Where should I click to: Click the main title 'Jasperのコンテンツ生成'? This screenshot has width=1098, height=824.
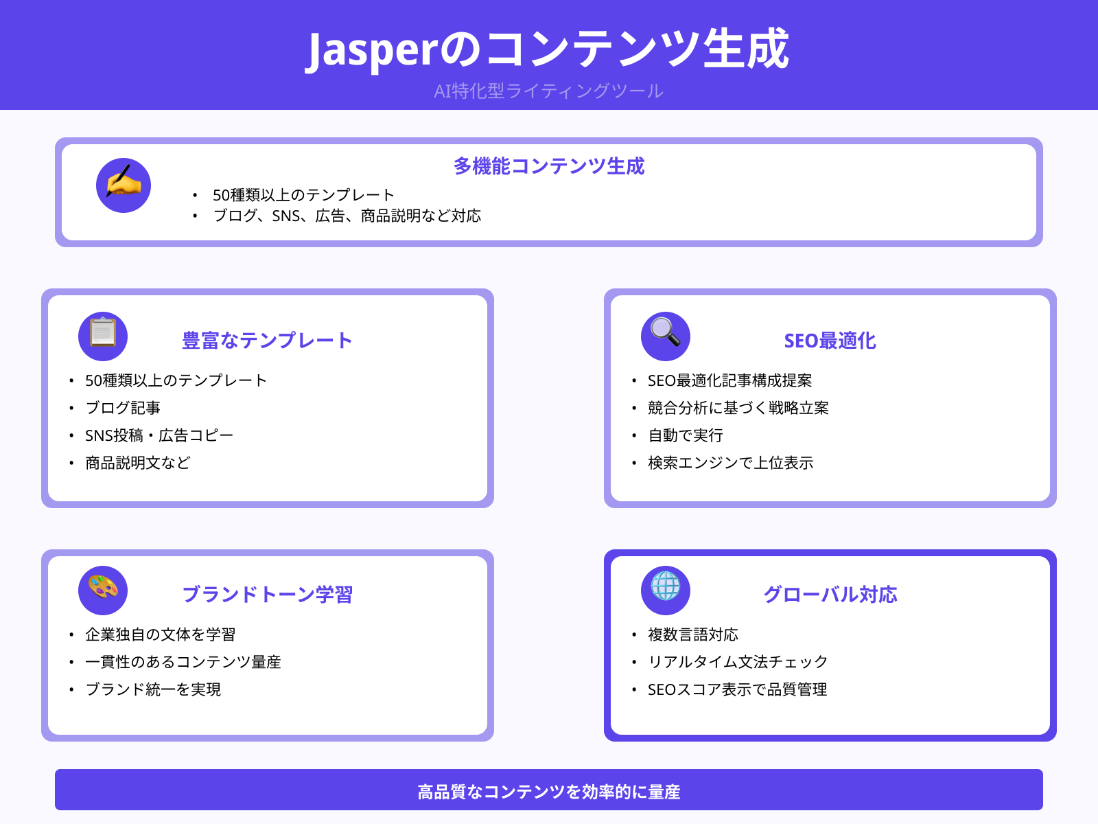click(x=548, y=49)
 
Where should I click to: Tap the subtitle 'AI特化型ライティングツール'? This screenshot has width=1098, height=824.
click(x=548, y=91)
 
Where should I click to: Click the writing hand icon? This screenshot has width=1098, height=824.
click(x=124, y=185)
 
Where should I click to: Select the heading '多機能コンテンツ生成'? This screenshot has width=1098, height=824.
click(x=549, y=166)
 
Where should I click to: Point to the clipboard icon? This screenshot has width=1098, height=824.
click(x=103, y=336)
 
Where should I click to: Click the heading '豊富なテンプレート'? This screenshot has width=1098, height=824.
click(x=267, y=341)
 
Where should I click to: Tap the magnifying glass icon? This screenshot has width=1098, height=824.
click(x=666, y=336)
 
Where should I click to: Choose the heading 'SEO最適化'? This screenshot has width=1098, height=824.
click(x=830, y=341)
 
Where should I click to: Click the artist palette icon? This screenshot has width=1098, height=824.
click(x=103, y=590)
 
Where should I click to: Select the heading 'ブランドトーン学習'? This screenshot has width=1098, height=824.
click(x=267, y=595)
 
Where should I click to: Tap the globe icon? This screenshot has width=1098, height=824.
click(x=666, y=590)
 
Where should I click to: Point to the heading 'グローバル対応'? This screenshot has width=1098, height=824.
click(x=830, y=595)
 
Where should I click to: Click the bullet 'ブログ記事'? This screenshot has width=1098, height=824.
click(x=123, y=408)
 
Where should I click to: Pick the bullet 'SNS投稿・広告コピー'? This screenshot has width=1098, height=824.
click(x=159, y=435)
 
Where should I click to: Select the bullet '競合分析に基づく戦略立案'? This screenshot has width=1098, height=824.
click(x=738, y=408)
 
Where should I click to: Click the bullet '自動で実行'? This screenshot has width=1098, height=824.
click(x=686, y=435)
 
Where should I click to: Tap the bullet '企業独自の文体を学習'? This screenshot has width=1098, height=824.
click(x=160, y=634)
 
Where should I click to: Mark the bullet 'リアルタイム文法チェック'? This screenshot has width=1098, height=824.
click(x=738, y=662)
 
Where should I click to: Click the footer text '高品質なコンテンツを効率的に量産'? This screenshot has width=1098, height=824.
click(x=549, y=792)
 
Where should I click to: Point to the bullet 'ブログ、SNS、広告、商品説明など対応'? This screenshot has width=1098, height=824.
click(x=347, y=216)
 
